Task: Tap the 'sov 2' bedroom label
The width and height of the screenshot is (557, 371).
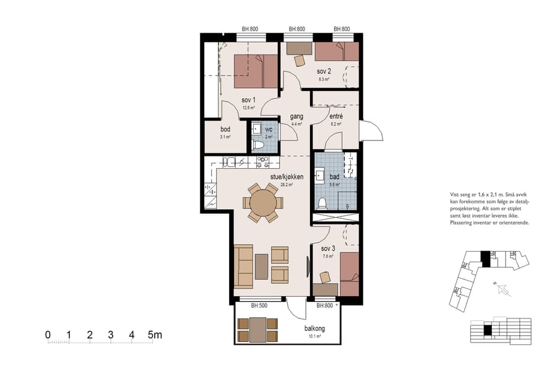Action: tap(324, 71)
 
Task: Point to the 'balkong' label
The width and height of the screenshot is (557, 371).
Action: tap(314, 329)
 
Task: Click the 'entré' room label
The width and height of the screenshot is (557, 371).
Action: tap(336, 116)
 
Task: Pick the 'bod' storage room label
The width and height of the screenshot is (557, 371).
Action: tap(225, 129)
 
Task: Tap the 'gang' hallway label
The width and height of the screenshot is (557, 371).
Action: tap(296, 116)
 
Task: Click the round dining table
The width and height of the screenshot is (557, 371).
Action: tap(264, 202)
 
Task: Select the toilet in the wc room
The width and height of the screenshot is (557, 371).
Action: tap(259, 145)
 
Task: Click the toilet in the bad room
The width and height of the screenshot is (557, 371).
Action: tap(322, 203)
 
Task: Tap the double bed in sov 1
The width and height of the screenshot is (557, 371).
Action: tap(256, 71)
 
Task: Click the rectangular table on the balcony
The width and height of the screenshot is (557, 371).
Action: tap(259, 329)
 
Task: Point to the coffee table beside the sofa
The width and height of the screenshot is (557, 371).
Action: tap(262, 266)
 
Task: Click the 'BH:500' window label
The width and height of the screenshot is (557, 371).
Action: tap(259, 305)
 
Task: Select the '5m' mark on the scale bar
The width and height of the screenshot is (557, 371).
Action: tap(155, 335)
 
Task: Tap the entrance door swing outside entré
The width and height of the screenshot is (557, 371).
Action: tap(371, 131)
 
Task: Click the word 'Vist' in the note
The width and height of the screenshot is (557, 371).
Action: tap(456, 195)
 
